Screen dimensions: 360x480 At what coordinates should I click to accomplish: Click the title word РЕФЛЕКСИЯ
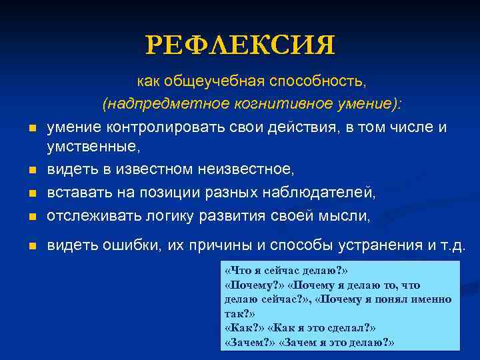(241, 45)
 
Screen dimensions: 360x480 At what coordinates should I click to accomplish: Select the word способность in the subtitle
(318, 81)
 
